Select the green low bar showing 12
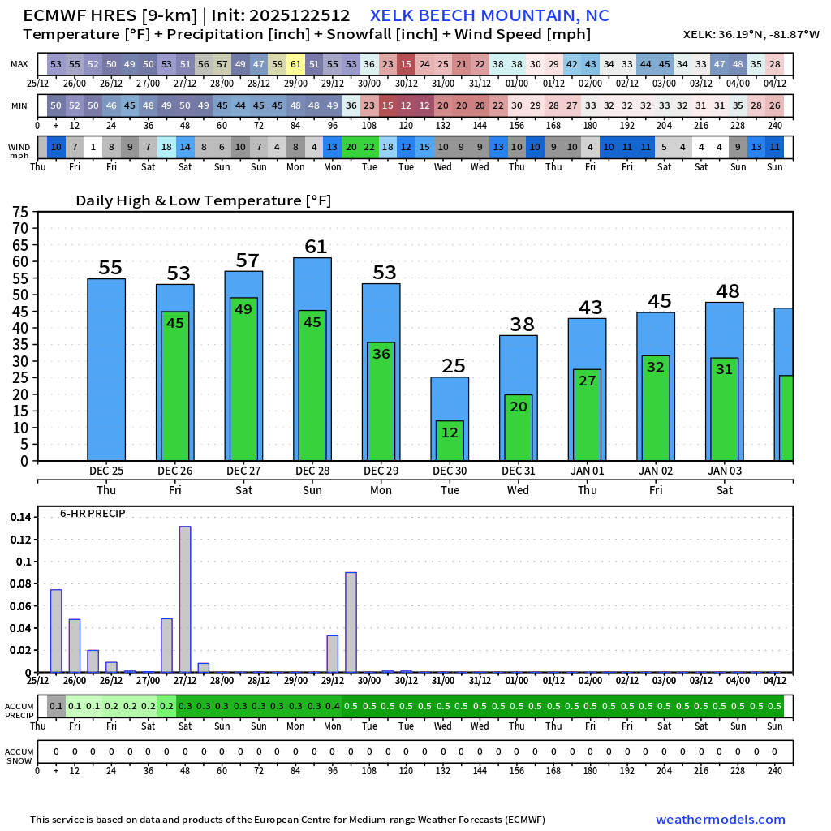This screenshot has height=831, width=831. (450, 441)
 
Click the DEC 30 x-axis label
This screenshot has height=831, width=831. (450, 471)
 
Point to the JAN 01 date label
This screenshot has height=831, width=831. (587, 471)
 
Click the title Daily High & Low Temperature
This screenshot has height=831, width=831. (203, 201)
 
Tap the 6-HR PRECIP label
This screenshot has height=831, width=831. (93, 514)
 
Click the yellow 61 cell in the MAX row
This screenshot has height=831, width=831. (295, 64)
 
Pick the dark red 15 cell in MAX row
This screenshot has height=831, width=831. (406, 64)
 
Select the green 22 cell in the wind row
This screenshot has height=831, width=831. (369, 147)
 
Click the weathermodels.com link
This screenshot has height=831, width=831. (720, 820)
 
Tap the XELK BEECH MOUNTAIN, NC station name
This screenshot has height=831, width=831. (489, 16)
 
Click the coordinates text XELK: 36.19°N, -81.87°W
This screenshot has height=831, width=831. (751, 35)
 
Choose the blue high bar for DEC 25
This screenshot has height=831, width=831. (106, 369)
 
